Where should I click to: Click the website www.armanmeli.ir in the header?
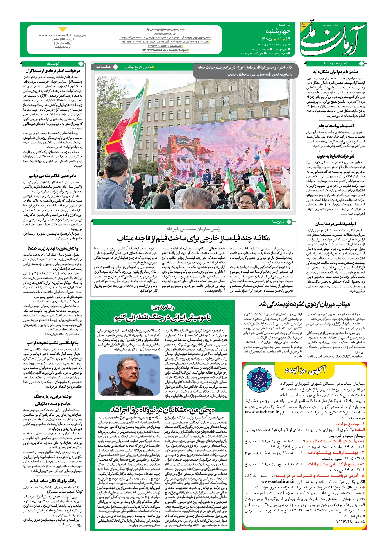(x=56, y=35)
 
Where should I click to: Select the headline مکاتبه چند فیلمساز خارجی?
(x=193, y=238)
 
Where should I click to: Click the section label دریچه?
(x=278, y=222)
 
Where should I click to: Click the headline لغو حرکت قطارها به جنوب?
(x=336, y=156)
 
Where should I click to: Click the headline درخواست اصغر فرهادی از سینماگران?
(x=53, y=71)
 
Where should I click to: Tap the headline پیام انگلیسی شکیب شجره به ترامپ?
(x=53, y=343)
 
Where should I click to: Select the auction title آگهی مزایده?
(x=305, y=370)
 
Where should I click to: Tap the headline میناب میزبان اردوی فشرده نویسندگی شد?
(x=304, y=304)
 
